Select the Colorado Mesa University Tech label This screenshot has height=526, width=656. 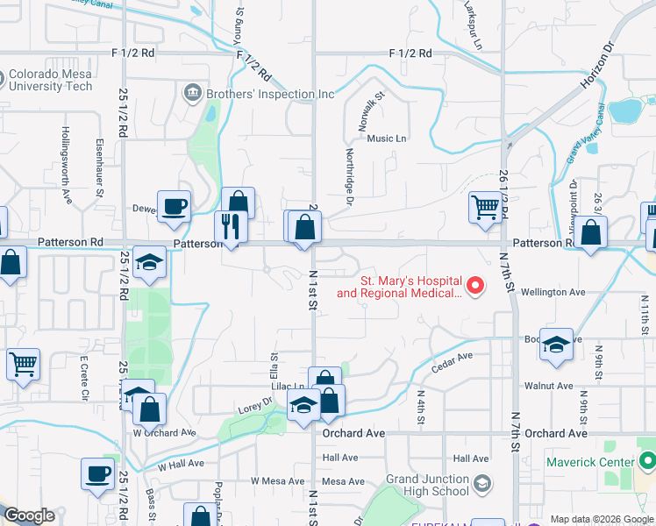click(51, 81)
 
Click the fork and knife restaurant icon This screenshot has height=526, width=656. click(231, 226)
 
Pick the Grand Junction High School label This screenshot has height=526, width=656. click(427, 485)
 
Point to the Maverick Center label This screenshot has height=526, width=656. click(589, 462)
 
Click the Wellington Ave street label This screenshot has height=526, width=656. click(553, 292)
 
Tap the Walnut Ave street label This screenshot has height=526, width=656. click(548, 386)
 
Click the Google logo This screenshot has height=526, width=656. click(28, 515)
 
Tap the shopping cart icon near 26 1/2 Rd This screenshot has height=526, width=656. click(484, 208)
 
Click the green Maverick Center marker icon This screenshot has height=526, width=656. click(647, 459)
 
